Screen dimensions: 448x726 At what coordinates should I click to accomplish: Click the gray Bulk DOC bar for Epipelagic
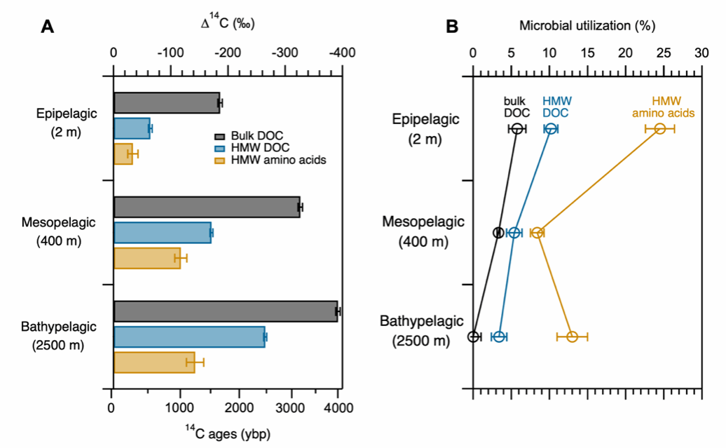coord(166,103)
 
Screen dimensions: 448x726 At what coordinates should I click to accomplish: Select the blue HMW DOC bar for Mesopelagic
coord(162,233)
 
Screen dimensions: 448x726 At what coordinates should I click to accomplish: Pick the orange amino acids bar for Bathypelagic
coord(153,362)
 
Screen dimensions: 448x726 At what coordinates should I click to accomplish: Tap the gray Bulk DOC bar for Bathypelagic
coord(225,311)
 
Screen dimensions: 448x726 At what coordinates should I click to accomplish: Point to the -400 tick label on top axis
coord(341,53)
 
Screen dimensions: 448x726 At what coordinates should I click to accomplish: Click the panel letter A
coord(48,27)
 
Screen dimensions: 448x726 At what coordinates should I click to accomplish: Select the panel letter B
coord(452,27)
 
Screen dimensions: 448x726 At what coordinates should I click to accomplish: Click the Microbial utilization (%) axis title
coord(587,26)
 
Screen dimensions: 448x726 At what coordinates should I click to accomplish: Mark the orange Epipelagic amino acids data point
coord(660,128)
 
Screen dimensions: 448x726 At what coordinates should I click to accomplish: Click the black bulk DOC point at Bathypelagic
coord(474,337)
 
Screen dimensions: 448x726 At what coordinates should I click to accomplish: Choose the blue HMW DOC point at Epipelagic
coord(551,128)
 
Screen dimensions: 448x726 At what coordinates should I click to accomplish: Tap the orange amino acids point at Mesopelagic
coord(537,233)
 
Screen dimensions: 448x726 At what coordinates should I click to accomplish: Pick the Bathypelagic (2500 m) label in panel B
coord(422,331)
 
